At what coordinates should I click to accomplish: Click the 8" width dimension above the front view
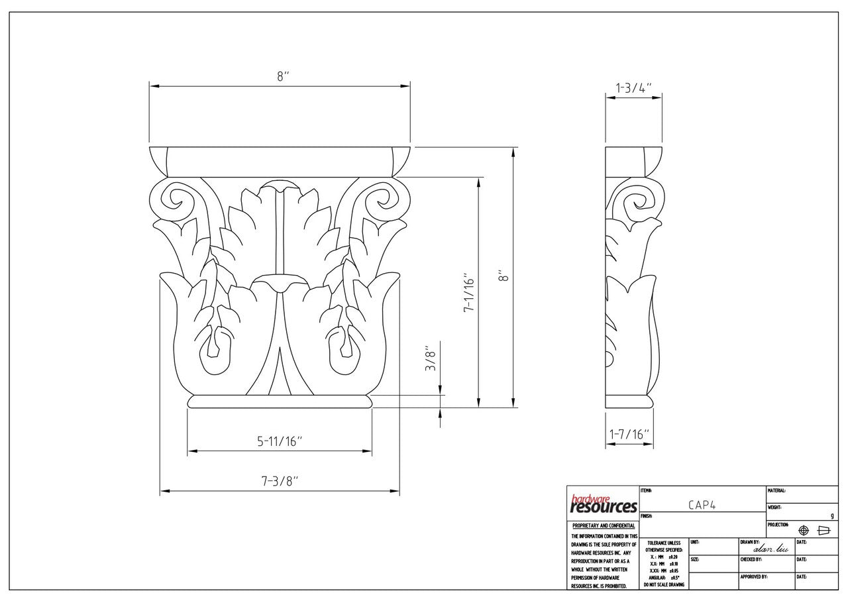click(283, 76)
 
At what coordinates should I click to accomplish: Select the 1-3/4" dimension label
click(634, 88)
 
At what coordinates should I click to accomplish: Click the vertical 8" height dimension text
click(504, 276)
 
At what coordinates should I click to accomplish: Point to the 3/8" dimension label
click(431, 358)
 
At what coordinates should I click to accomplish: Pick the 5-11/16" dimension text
click(280, 441)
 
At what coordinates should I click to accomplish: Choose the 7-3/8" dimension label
click(280, 482)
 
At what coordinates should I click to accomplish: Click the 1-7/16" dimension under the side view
click(629, 435)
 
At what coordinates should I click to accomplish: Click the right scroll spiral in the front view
click(380, 199)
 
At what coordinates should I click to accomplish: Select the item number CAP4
click(702, 505)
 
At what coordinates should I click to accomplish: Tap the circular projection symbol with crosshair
click(804, 531)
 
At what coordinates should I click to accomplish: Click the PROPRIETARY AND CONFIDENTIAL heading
click(603, 525)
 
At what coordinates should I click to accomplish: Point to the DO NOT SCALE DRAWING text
click(663, 584)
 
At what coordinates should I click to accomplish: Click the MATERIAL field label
click(776, 491)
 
